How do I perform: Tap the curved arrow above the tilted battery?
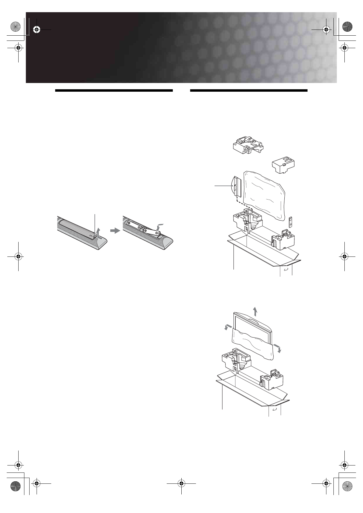(159, 226)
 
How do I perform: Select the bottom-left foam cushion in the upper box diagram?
(247, 221)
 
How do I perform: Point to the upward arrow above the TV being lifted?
(255, 312)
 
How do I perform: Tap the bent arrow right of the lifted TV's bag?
(277, 348)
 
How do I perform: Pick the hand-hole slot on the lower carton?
(274, 410)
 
